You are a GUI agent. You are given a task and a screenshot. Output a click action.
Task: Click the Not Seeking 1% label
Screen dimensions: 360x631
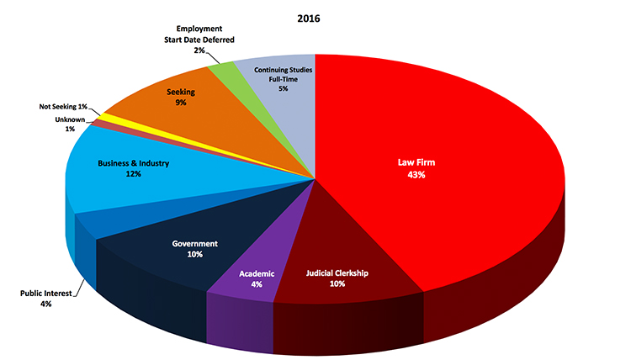[64, 107]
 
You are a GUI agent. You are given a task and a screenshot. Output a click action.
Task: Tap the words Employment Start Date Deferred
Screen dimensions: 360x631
[199, 34]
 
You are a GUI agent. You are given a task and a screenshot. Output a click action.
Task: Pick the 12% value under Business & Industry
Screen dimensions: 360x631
[134, 174]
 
